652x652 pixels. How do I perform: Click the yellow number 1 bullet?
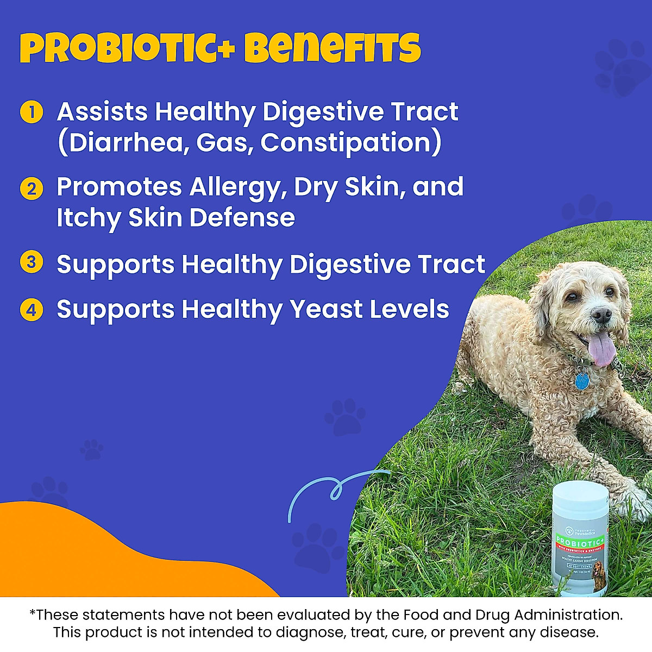32,112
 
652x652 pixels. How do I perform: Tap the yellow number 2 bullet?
32,189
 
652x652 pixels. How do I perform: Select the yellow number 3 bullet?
32,262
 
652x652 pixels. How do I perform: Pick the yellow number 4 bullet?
32,310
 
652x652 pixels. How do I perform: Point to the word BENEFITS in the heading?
333,49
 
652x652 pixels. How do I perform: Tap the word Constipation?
350,143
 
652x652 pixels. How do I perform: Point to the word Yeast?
325,310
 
